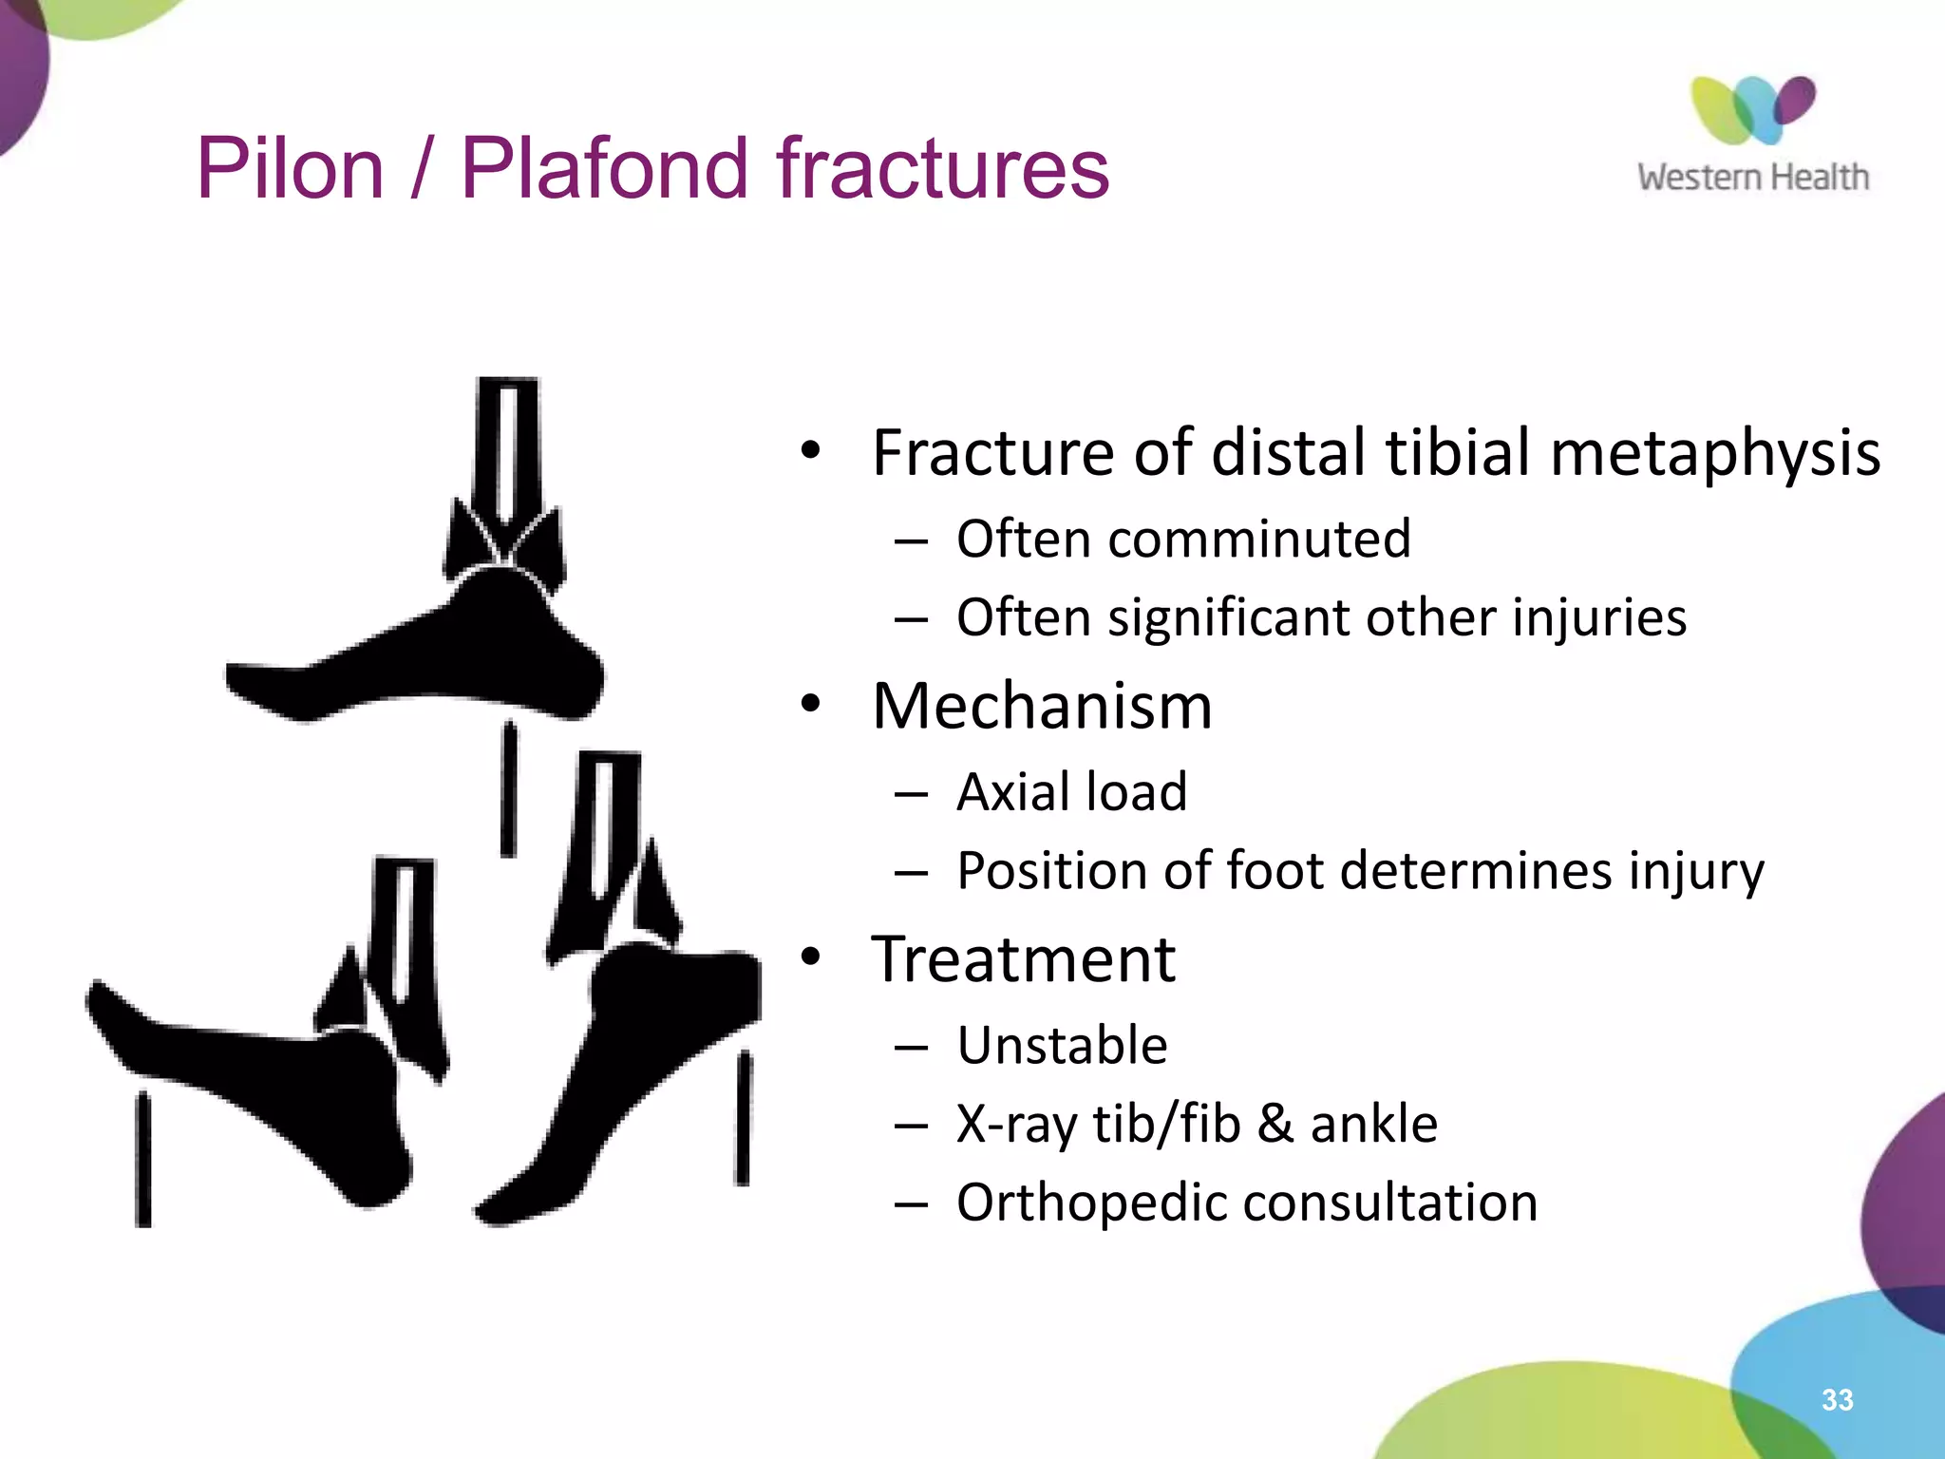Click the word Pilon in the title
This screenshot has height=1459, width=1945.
tap(290, 169)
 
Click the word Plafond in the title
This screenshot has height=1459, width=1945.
tap(609, 169)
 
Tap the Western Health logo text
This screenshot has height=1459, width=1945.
tap(1752, 178)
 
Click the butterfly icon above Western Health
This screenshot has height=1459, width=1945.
tap(1752, 109)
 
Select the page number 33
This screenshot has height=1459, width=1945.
tap(1837, 1399)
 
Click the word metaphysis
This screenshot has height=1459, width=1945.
tap(1714, 453)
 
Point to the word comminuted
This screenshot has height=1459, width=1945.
tap(1259, 540)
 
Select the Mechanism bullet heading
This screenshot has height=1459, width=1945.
tap(1042, 707)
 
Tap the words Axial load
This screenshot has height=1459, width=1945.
tap(1071, 792)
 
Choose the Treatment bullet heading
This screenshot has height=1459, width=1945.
tap(1023, 959)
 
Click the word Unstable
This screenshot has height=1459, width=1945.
tap(1062, 1046)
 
